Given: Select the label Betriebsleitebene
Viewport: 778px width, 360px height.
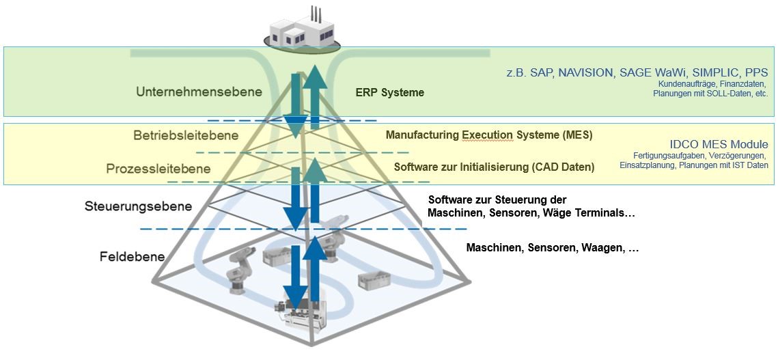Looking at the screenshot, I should click(186, 135).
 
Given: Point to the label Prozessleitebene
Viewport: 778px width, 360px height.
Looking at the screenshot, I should click(158, 169).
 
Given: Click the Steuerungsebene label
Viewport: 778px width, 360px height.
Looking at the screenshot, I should click(139, 206).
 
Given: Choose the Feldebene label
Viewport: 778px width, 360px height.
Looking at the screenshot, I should click(132, 257).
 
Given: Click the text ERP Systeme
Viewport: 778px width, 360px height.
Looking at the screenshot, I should click(390, 92).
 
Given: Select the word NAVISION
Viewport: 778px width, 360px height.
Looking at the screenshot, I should click(588, 72).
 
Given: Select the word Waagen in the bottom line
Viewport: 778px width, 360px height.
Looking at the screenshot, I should click(601, 248).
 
